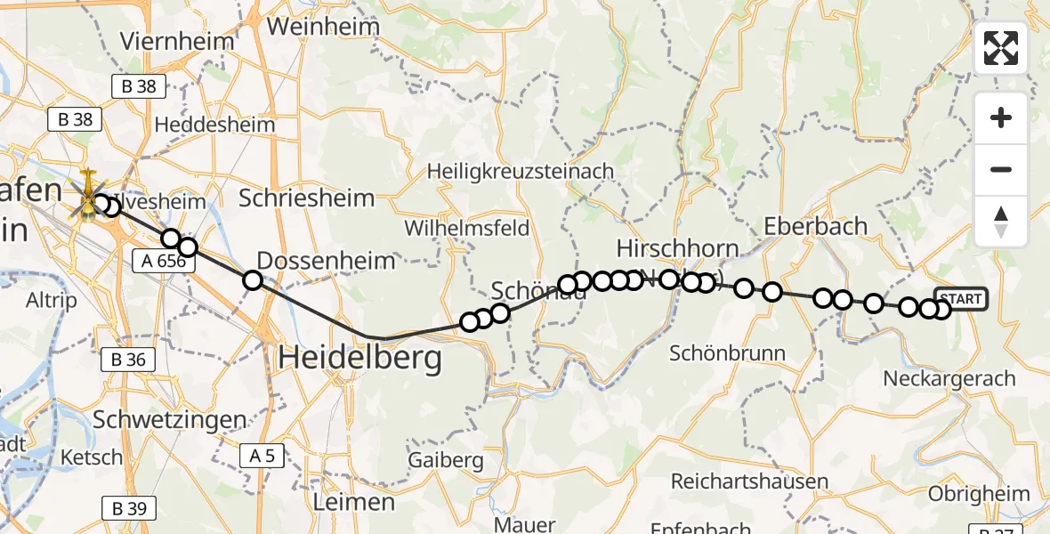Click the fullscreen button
coord(1001,48)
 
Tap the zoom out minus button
coord(1001,169)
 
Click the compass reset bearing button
coord(1001,221)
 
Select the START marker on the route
coord(961,299)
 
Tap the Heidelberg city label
coord(359,359)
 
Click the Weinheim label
coord(323,27)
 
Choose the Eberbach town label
coord(815,226)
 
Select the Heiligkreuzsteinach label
coord(521,170)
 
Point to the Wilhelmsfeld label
coord(466,228)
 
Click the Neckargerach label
coord(949,378)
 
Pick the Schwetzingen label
coord(169,419)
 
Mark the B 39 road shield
coord(129,508)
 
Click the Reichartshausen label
coord(749,481)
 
